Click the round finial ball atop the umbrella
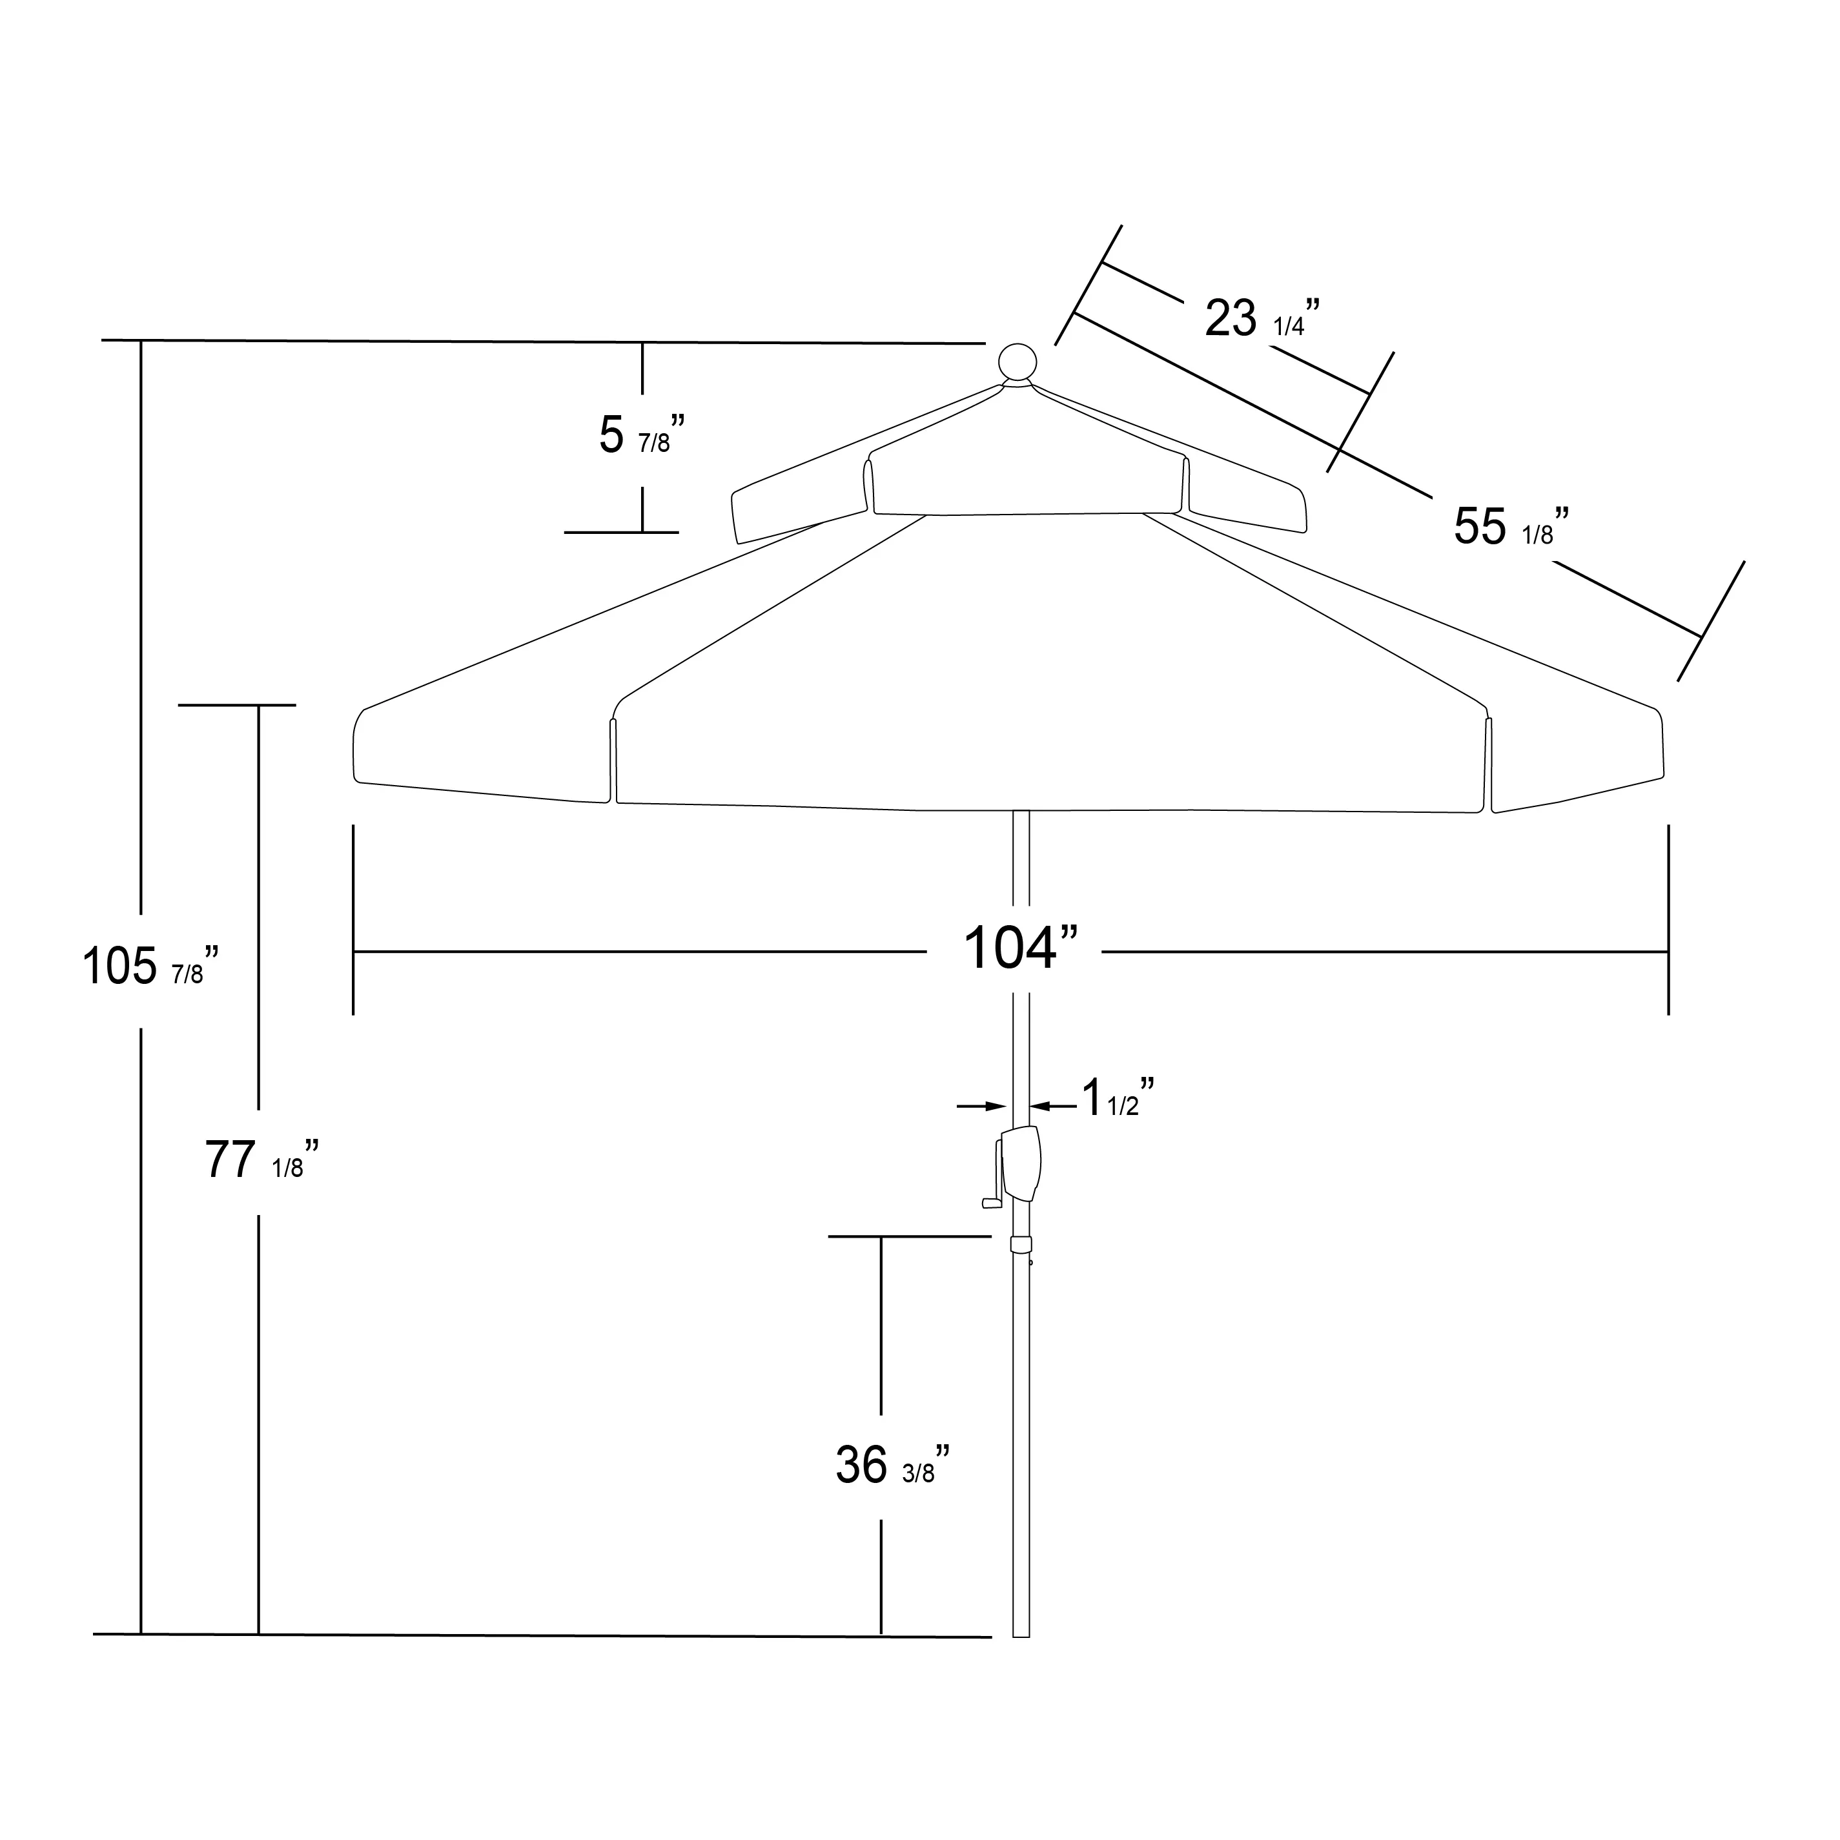1017,363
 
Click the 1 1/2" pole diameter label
1118,1098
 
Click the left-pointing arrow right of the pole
1054,1106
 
